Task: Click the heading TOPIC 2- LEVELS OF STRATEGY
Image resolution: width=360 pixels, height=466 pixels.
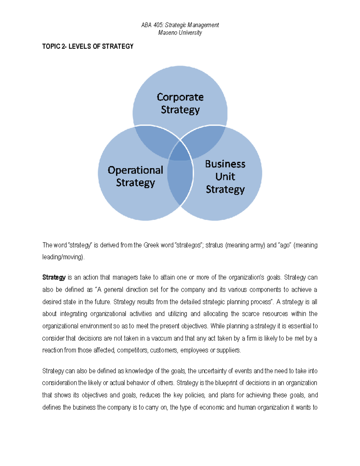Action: click(x=88, y=47)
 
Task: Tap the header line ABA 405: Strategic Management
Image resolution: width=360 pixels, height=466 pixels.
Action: click(x=180, y=25)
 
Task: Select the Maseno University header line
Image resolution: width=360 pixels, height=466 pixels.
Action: click(x=180, y=33)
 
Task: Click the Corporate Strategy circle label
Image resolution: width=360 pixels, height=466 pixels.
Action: click(x=180, y=103)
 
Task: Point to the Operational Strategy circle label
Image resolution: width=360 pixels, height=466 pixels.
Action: click(x=135, y=176)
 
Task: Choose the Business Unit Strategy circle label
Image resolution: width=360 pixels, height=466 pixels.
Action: click(x=225, y=176)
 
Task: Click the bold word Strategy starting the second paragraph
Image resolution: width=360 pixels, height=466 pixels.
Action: click(x=54, y=278)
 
